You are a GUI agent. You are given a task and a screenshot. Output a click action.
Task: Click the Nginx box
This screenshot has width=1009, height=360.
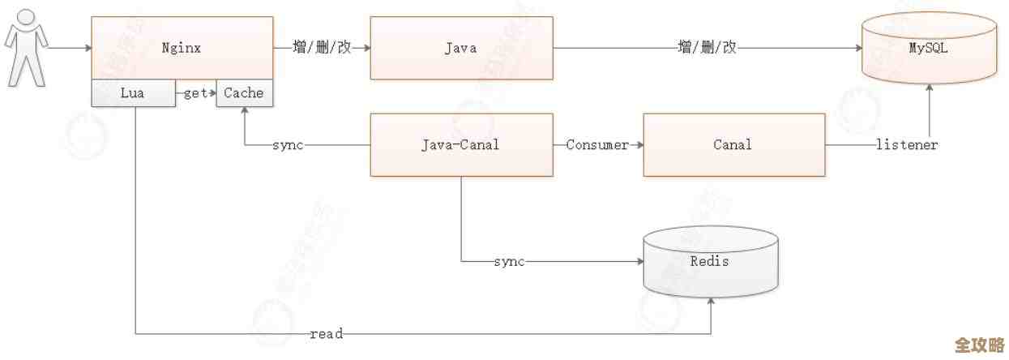point(182,48)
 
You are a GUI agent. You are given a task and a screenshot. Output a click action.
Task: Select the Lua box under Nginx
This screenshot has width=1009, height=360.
point(133,93)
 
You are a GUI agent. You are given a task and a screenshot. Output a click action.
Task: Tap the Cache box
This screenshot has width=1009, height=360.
point(244,93)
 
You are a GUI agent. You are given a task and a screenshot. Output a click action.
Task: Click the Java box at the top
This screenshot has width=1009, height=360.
point(460,48)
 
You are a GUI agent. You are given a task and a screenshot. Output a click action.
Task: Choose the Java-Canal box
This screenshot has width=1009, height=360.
point(460,145)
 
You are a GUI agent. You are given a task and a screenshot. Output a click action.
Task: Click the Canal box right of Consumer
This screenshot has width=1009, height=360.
point(733,145)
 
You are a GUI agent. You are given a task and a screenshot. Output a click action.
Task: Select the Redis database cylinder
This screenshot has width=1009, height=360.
point(710,261)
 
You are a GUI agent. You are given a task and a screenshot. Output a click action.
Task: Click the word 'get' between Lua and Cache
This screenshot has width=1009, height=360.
point(195,93)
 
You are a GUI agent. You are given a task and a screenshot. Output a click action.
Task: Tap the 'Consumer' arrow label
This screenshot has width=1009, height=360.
point(597,145)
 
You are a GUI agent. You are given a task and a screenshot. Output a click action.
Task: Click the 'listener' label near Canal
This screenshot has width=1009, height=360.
point(907,145)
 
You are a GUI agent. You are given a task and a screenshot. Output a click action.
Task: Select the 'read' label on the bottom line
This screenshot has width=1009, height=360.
point(327,333)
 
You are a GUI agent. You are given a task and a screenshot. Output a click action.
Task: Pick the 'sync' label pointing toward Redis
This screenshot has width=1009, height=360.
point(509,262)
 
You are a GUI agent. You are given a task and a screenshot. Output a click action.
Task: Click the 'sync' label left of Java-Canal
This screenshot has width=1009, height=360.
point(288,145)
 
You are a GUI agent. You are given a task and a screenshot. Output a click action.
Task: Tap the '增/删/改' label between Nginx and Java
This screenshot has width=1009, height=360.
point(322,48)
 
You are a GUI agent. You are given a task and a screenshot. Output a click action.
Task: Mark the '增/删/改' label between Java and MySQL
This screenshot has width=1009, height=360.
point(707,48)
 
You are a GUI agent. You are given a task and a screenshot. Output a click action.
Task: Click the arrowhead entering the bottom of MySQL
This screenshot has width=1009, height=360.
point(929,88)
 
